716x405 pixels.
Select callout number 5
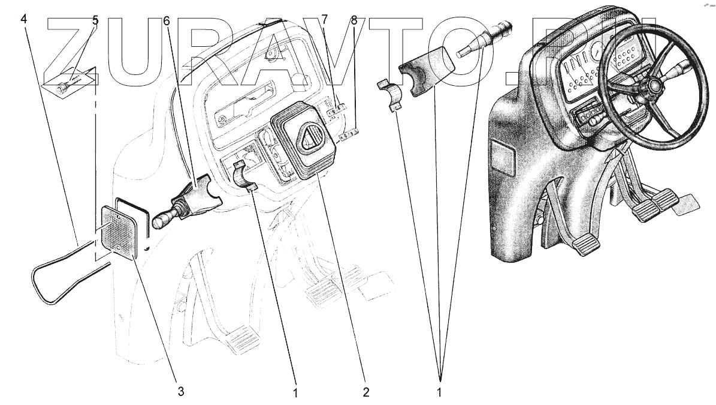coord(95,20)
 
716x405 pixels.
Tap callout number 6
coord(166,21)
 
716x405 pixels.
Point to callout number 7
coord(324,20)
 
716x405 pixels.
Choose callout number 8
coord(354,20)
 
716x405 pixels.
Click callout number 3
coord(181,391)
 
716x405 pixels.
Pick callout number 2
coord(365,392)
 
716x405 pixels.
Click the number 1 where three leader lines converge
coord(439,392)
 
